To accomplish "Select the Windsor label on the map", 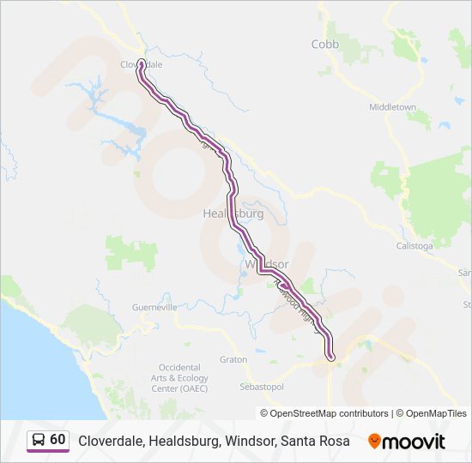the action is click(267, 264).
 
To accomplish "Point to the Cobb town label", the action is click(325, 44).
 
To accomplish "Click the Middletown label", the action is click(392, 107).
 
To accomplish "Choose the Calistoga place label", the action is click(414, 245).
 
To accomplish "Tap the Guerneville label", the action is click(154, 307).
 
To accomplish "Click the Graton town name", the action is click(233, 360).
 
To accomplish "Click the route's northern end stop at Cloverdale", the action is click(140, 62).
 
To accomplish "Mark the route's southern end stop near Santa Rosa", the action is click(330, 356).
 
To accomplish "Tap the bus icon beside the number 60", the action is click(39, 440).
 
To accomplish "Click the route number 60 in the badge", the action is click(57, 440).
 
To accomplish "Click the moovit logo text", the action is click(415, 442).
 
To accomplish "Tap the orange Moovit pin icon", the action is click(375, 442).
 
